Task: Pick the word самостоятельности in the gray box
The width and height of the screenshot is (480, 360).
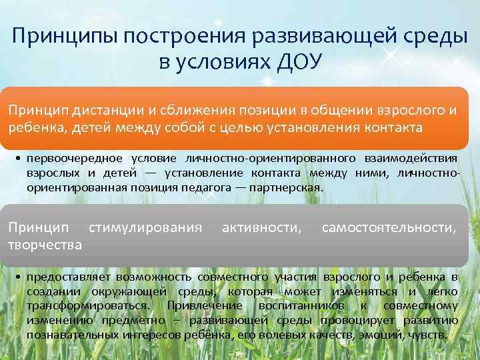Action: pos(389,229)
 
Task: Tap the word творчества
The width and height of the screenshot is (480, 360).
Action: pos(45,245)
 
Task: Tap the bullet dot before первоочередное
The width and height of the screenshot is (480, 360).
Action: pos(18,158)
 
